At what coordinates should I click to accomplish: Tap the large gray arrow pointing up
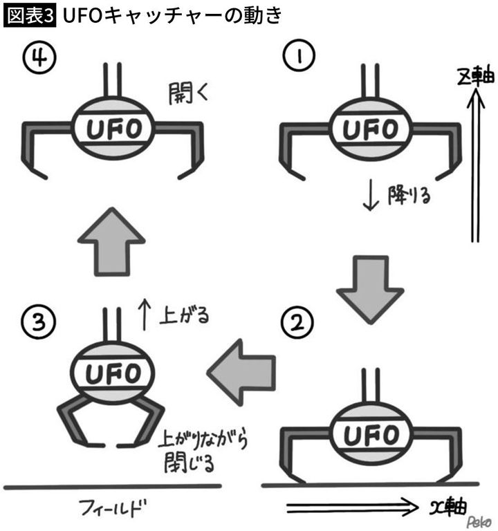click(x=111, y=242)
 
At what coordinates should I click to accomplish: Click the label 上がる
click(x=184, y=315)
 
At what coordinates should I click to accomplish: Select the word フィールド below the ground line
click(x=107, y=510)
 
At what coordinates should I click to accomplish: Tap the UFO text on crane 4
click(x=113, y=128)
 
